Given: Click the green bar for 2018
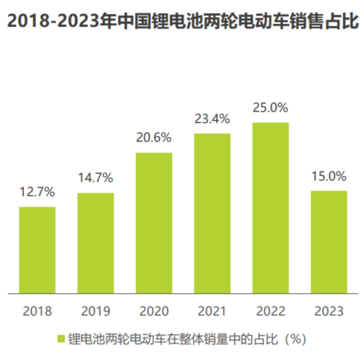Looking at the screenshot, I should click(37, 249).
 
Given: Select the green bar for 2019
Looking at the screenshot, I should click(95, 243).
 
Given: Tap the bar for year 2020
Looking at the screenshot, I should click(154, 222).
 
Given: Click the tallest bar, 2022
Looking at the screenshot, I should click(270, 207).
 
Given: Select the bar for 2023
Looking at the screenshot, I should click(328, 242).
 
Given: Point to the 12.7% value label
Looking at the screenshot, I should click(37, 193).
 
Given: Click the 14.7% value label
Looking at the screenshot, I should click(95, 178).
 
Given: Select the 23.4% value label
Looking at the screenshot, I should click(212, 119).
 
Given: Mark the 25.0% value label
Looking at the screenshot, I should click(270, 107).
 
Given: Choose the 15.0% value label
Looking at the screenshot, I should click(328, 176).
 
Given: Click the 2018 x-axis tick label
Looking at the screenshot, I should click(37, 311).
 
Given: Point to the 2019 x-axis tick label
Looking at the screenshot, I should click(95, 311).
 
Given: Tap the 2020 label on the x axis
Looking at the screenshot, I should click(154, 311).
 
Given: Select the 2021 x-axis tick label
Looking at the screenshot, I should click(212, 311).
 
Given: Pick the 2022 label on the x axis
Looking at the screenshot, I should click(270, 311).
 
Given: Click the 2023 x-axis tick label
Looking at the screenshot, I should click(328, 311).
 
